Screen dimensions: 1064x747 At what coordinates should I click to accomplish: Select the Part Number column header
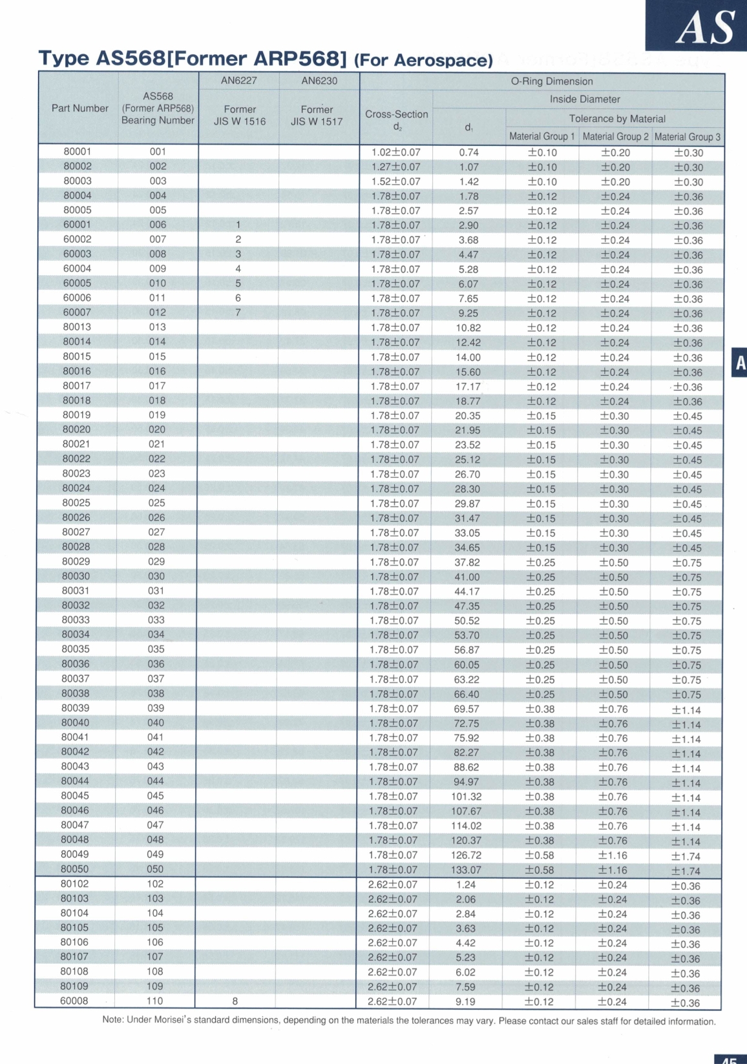click(x=80, y=108)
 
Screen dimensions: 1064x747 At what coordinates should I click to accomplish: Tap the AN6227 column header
click(x=238, y=81)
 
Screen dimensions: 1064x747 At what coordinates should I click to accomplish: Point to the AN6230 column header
click(x=319, y=81)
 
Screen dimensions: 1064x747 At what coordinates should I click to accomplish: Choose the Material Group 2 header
click(x=615, y=136)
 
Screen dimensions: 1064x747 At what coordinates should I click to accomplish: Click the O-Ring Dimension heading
click(x=551, y=81)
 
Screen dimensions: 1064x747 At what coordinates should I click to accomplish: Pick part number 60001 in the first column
click(x=77, y=225)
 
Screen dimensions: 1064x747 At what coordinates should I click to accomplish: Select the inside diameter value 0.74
click(x=468, y=152)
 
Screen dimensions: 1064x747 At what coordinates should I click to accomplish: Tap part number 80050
click(x=75, y=869)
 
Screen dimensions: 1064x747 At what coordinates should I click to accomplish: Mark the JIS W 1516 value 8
click(x=235, y=1001)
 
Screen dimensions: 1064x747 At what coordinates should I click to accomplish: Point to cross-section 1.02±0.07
click(x=395, y=152)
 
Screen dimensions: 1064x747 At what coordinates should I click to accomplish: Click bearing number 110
click(x=155, y=1001)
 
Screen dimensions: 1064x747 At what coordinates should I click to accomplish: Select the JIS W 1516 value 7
click(x=238, y=312)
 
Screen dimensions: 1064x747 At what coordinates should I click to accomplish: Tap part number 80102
click(x=75, y=884)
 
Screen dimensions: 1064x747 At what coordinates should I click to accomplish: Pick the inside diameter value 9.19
click(x=465, y=1002)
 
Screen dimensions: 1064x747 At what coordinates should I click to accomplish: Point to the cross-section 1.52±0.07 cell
click(x=395, y=181)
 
